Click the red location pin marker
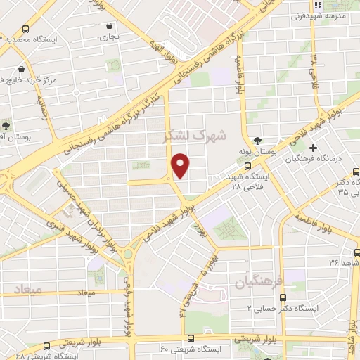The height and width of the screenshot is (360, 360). [x=181, y=166]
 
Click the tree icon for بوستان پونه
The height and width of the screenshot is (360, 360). [x=257, y=140]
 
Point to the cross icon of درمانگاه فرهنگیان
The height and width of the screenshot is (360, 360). [x=313, y=148]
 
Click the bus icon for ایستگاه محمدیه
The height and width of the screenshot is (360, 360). [x=26, y=30]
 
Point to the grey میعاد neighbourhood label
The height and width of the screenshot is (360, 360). [x=27, y=289]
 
